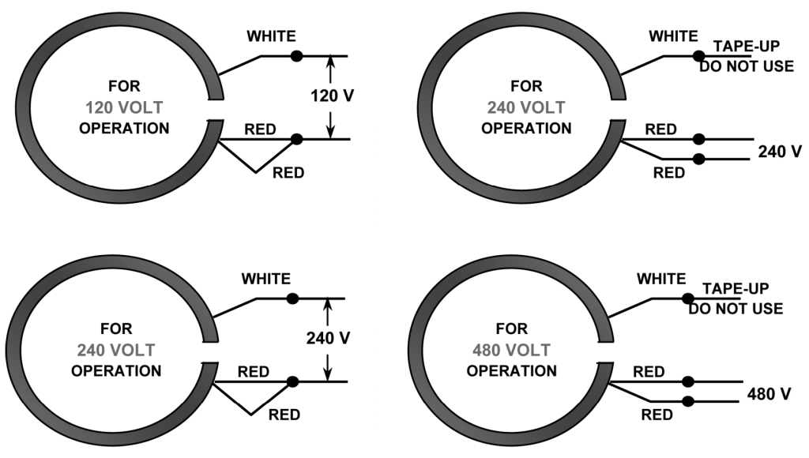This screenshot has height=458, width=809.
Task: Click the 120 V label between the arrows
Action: pyautogui.click(x=332, y=96)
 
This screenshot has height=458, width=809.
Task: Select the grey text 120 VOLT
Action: pyautogui.click(x=124, y=107)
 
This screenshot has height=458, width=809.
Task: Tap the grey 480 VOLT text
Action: pyautogui.click(x=512, y=349)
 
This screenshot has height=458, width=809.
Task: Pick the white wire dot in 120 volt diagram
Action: pyautogui.click(x=296, y=55)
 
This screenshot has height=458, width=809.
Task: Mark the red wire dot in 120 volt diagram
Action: pyautogui.click(x=296, y=140)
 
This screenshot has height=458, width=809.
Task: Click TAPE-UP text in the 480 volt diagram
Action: pyautogui.click(x=735, y=289)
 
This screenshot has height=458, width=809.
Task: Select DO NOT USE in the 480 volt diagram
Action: pyautogui.click(x=735, y=308)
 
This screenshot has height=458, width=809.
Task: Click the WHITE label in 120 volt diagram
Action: pyautogui.click(x=271, y=36)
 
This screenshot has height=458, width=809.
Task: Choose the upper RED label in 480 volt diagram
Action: pyautogui.click(x=649, y=371)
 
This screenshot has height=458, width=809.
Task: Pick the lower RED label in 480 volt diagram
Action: pyautogui.click(x=657, y=415)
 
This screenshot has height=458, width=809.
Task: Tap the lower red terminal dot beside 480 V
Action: pyautogui.click(x=688, y=401)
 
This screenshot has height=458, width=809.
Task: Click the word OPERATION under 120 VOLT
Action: pyautogui.click(x=124, y=127)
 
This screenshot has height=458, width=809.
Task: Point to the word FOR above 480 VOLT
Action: pyautogui.click(x=512, y=328)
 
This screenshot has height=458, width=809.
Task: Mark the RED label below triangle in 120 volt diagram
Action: pyautogui.click(x=288, y=173)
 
